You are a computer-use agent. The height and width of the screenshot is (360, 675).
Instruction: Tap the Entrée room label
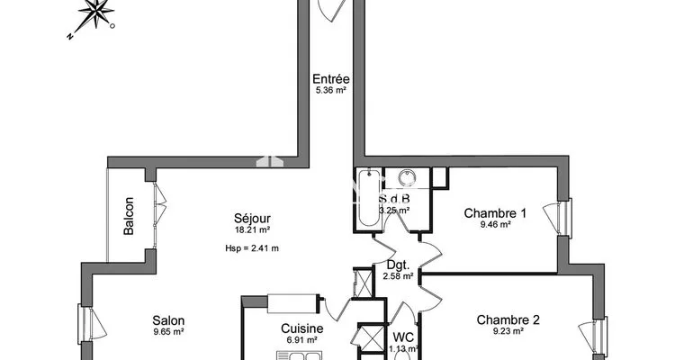point(330,79)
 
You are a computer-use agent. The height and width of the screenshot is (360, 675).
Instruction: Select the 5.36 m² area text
point(331,90)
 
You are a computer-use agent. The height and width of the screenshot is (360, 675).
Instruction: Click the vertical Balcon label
point(129,216)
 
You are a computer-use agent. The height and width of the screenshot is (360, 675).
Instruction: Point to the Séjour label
point(252,218)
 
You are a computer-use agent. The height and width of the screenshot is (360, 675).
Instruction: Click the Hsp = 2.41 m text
point(252,248)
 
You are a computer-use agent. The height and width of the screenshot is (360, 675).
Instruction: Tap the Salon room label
point(168,320)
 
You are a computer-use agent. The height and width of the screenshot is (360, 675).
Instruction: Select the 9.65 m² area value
point(168,331)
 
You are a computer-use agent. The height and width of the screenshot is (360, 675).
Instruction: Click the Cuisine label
point(301,328)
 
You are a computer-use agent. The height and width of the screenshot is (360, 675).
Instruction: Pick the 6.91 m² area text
point(301,340)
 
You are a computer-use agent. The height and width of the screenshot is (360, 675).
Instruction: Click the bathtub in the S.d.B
point(369,198)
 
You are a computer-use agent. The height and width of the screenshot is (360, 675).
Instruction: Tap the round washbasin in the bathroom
point(406,177)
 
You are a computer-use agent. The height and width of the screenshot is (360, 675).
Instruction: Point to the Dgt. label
point(398,265)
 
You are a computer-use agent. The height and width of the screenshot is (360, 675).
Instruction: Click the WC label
point(403,337)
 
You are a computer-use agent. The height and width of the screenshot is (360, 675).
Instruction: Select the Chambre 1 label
point(495,213)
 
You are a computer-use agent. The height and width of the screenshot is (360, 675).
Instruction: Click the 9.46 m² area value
point(496,224)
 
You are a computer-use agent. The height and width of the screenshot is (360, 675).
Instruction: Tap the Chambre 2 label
point(508,320)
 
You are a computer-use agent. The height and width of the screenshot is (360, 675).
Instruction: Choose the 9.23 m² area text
point(508,331)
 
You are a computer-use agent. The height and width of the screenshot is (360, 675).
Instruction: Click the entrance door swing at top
point(332,10)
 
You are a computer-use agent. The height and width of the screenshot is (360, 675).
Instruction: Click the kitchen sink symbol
point(297,355)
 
